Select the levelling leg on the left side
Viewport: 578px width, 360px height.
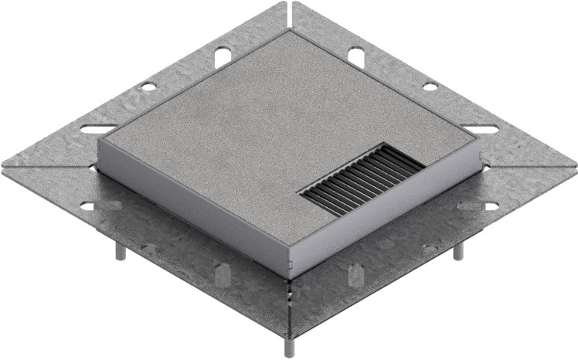pyautogui.click(x=121, y=256)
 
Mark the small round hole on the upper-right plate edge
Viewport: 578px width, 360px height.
pyautogui.click(x=430, y=86)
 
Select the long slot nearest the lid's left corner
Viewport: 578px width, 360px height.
pyautogui.click(x=99, y=129)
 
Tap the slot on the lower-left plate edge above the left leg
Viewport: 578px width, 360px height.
pyautogui.click(x=87, y=206)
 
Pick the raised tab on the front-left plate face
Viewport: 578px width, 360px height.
pyautogui.click(x=222, y=275)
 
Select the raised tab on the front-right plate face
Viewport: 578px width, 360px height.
pyautogui.click(x=356, y=275)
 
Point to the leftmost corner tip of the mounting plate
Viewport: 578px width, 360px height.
pyautogui.click(x=3, y=166)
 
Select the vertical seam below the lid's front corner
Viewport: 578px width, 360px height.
pyautogui.click(x=289, y=297)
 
